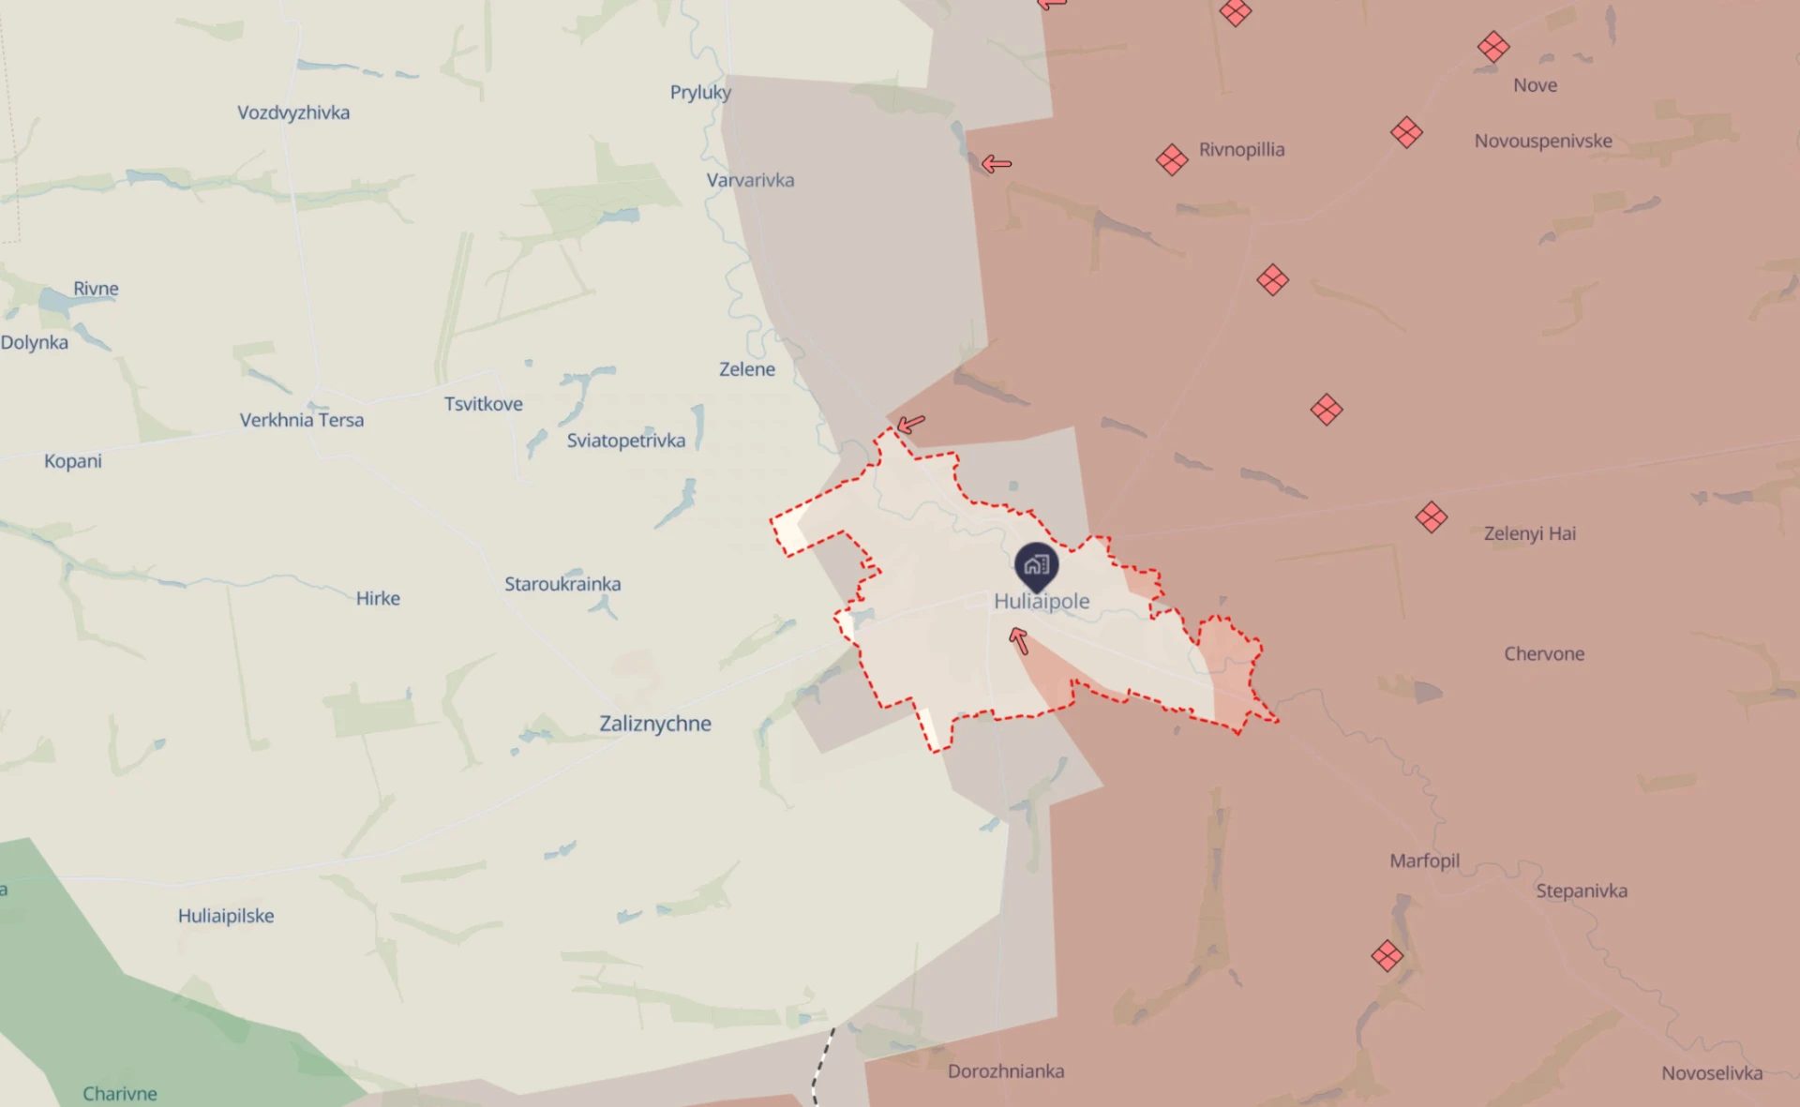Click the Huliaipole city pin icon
tap(1036, 564)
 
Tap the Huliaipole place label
tap(1042, 601)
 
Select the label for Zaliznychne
tap(655, 724)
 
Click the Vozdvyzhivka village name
tap(293, 112)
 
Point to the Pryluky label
tap(700, 92)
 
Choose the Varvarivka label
tap(750, 180)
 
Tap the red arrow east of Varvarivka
tap(996, 164)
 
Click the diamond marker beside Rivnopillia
tap(1172, 159)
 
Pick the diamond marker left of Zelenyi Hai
tap(1432, 516)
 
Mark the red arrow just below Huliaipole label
tap(1019, 641)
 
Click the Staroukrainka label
tap(562, 584)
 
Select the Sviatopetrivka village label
tap(625, 441)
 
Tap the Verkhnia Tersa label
tap(302, 420)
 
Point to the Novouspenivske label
tap(1543, 141)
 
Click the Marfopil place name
tap(1424, 860)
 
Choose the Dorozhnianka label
tap(1006, 1070)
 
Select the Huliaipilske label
tap(226, 916)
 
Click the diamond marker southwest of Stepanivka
tap(1387, 956)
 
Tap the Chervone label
tap(1544, 653)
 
